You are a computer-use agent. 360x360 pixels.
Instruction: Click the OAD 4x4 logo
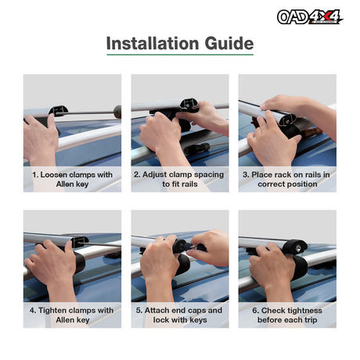click(310, 17)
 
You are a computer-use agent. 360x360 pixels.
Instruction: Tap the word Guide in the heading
click(229, 43)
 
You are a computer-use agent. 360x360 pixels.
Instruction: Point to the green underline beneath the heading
click(180, 55)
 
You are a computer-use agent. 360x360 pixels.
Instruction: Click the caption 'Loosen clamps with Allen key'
click(72, 179)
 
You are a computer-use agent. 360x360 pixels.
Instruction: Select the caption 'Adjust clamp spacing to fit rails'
click(179, 179)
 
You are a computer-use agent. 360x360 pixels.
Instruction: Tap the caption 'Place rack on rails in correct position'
click(286, 179)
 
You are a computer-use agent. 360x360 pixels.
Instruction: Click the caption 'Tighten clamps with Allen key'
click(72, 315)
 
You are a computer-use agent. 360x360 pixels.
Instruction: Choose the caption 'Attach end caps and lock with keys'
click(179, 315)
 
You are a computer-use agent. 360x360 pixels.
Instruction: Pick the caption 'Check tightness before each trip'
click(287, 315)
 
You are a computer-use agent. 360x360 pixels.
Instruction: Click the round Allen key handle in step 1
click(117, 112)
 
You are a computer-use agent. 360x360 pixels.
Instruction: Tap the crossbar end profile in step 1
click(59, 111)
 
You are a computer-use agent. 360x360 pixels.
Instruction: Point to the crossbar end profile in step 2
click(189, 104)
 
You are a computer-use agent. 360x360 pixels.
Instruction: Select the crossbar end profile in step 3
click(287, 121)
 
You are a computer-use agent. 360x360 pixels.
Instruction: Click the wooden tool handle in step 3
click(311, 132)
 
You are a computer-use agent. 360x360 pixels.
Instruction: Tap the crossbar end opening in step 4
click(80, 242)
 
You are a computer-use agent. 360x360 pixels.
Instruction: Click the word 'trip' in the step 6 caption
click(310, 320)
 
